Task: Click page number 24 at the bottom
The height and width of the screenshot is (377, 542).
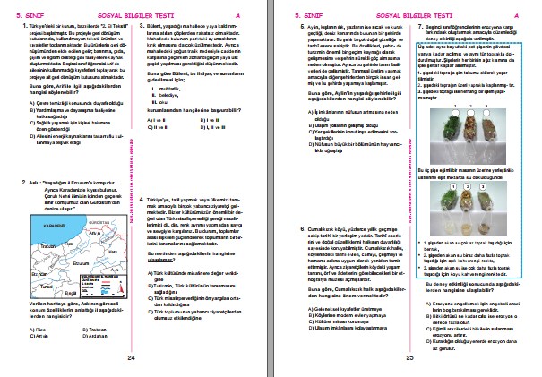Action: pos(131,357)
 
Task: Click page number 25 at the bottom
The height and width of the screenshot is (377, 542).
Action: pos(409,357)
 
